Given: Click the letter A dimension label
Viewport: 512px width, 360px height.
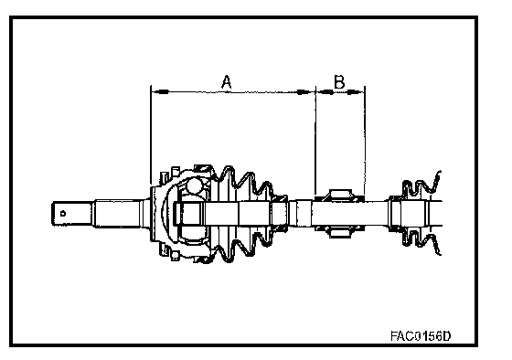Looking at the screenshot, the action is pyautogui.click(x=227, y=81).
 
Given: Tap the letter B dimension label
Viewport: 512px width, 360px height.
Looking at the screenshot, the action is pyautogui.click(x=339, y=81).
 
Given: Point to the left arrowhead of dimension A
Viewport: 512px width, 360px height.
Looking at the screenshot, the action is pyautogui.click(x=160, y=91).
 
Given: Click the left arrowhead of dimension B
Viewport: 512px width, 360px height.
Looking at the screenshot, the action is pyautogui.click(x=325, y=92).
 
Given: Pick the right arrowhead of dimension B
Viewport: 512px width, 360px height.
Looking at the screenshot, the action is pyautogui.click(x=355, y=92).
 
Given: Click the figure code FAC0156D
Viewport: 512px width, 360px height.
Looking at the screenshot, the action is pyautogui.click(x=421, y=335).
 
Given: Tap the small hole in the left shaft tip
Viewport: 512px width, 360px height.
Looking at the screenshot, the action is pyautogui.click(x=63, y=214).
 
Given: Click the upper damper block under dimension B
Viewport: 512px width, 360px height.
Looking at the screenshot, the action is pyautogui.click(x=339, y=196).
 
